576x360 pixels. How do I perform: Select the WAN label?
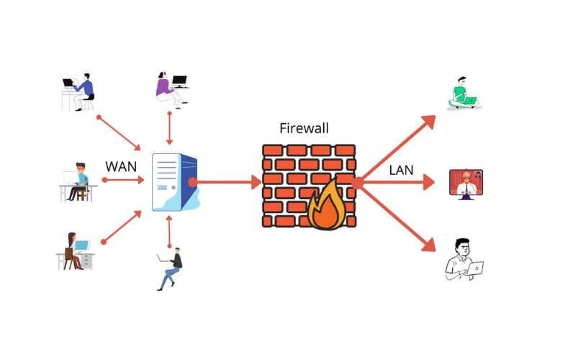tap(121, 166)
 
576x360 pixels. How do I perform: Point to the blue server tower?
tap(174, 183)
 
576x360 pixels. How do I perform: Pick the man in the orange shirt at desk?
tap(78, 181)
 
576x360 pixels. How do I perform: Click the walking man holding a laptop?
tap(170, 269)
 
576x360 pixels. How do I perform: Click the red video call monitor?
tap(465, 183)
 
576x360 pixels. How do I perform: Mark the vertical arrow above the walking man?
tap(169, 231)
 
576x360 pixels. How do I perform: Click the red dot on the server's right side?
tap(192, 183)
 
